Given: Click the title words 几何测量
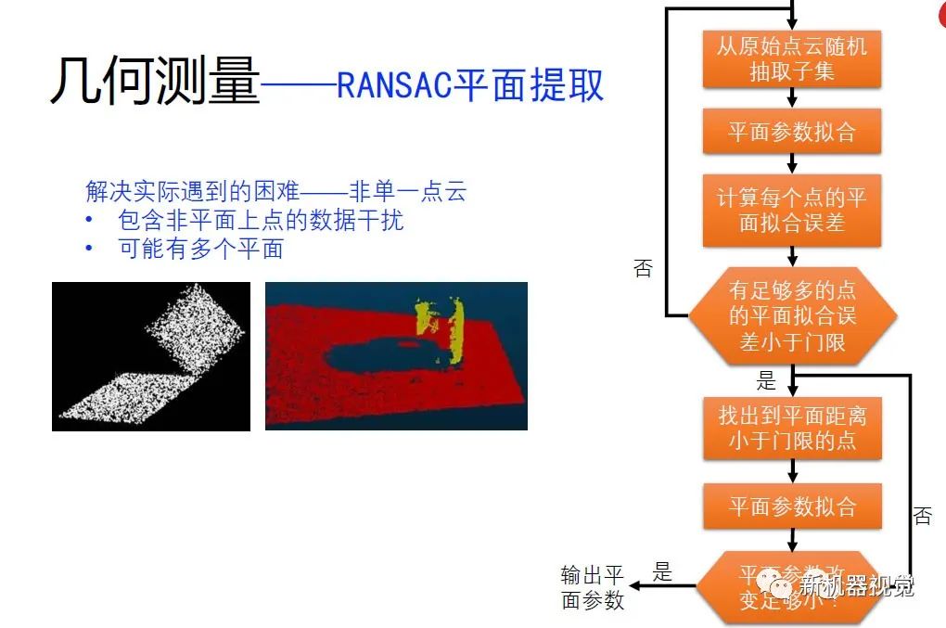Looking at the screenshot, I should (154, 81).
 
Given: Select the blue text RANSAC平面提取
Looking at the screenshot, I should (470, 85).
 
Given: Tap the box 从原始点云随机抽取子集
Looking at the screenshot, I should (791, 59).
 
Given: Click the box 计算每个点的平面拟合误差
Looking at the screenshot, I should (791, 210).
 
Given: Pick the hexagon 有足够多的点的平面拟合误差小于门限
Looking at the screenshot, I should (791, 315).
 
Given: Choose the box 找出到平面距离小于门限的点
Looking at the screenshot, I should (791, 428).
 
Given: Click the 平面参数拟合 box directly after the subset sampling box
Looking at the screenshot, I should (791, 132).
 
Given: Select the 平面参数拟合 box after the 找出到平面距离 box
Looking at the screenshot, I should (791, 506).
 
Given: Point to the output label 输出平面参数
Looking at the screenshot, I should (593, 587).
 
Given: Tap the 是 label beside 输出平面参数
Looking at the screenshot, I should (662, 572).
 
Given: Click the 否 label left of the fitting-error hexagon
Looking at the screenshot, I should (643, 269).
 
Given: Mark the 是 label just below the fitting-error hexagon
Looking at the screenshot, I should (766, 380).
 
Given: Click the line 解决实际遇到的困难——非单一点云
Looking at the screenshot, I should (275, 192).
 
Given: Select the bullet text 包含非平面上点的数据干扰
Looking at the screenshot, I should (262, 221).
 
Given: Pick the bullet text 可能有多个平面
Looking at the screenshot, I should (200, 249).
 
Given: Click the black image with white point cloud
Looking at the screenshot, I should (151, 356).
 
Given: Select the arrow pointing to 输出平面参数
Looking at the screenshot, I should (663, 585).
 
